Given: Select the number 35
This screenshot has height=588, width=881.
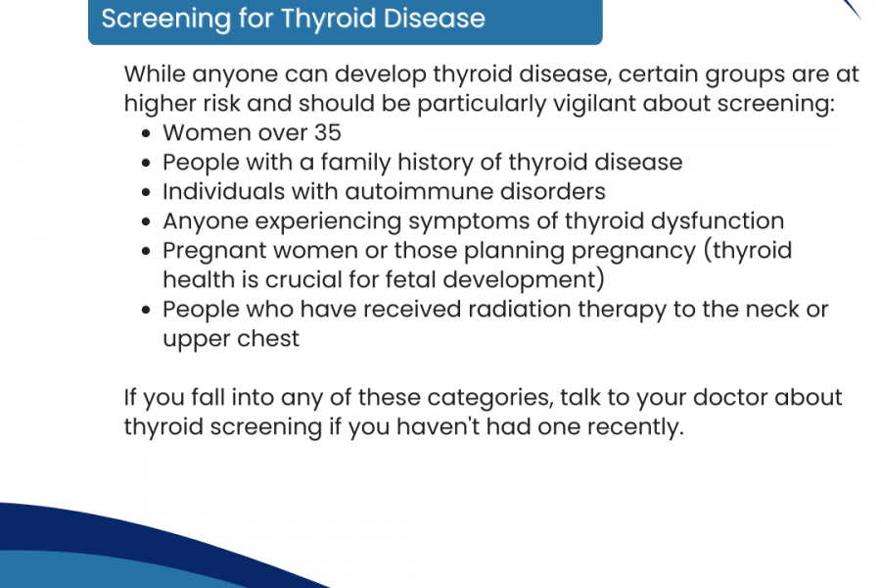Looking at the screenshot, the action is [328, 133].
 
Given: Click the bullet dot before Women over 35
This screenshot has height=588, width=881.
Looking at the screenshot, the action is [147, 133].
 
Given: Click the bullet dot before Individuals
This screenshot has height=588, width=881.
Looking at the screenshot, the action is [147, 192].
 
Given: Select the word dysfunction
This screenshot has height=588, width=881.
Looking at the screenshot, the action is [717, 221].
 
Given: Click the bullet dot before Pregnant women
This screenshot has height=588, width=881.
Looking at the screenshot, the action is [147, 251].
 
